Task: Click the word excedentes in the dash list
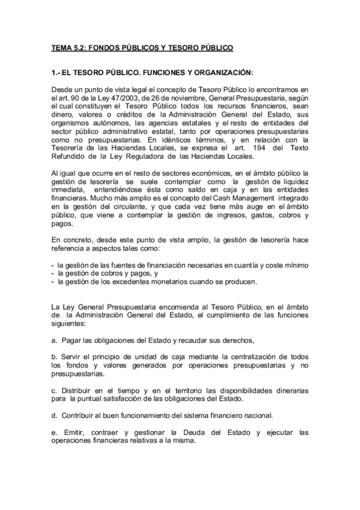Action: click(x=124, y=281)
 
